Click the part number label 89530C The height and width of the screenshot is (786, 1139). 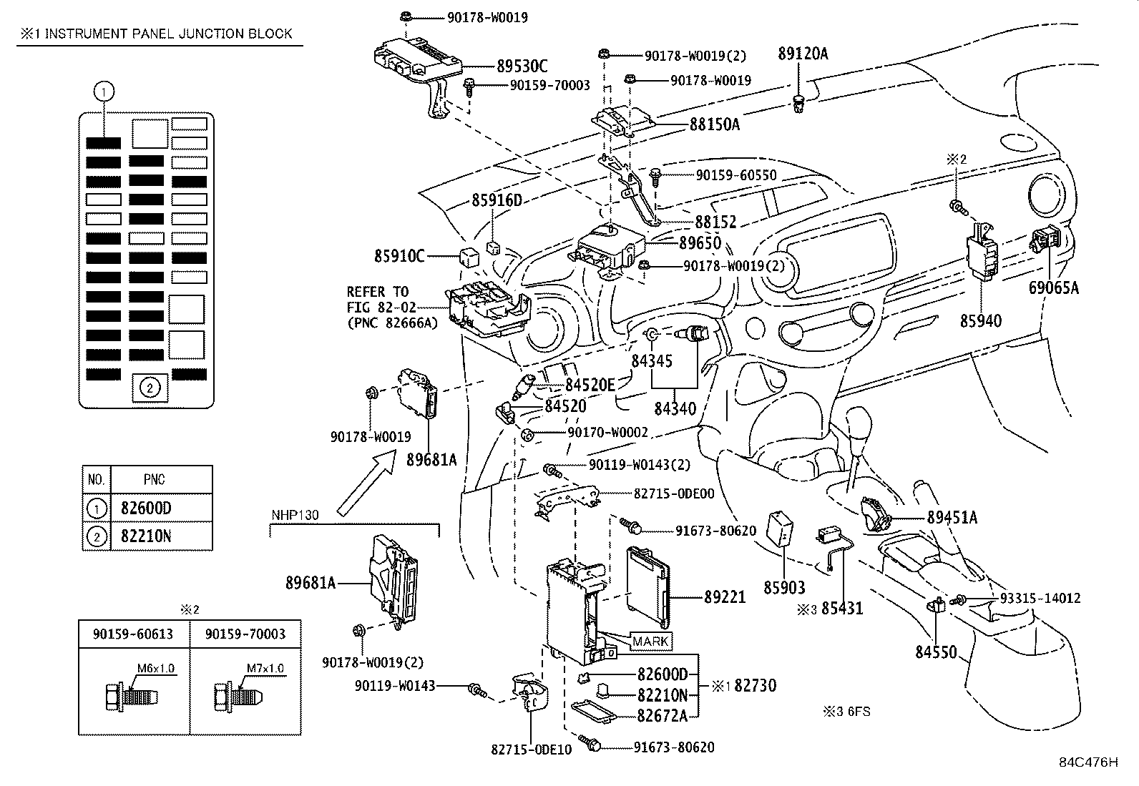click(x=522, y=67)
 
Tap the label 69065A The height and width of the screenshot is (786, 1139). click(x=1054, y=288)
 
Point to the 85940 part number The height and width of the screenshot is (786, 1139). click(x=981, y=321)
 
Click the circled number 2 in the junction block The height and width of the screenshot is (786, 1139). click(x=149, y=388)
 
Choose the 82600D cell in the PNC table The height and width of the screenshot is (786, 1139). click(x=146, y=509)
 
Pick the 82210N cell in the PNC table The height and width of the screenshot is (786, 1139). click(x=146, y=536)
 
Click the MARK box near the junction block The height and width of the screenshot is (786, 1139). click(x=650, y=642)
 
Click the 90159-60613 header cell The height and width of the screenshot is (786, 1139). click(x=133, y=634)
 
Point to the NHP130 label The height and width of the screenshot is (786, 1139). click(x=295, y=515)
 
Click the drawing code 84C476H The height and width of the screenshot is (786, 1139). click(x=1088, y=762)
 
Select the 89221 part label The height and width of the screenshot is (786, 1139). click(x=724, y=596)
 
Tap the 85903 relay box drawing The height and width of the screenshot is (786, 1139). click(x=781, y=528)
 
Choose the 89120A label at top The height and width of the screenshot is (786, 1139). click(x=803, y=53)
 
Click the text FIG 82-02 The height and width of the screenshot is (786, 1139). click(x=377, y=308)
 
